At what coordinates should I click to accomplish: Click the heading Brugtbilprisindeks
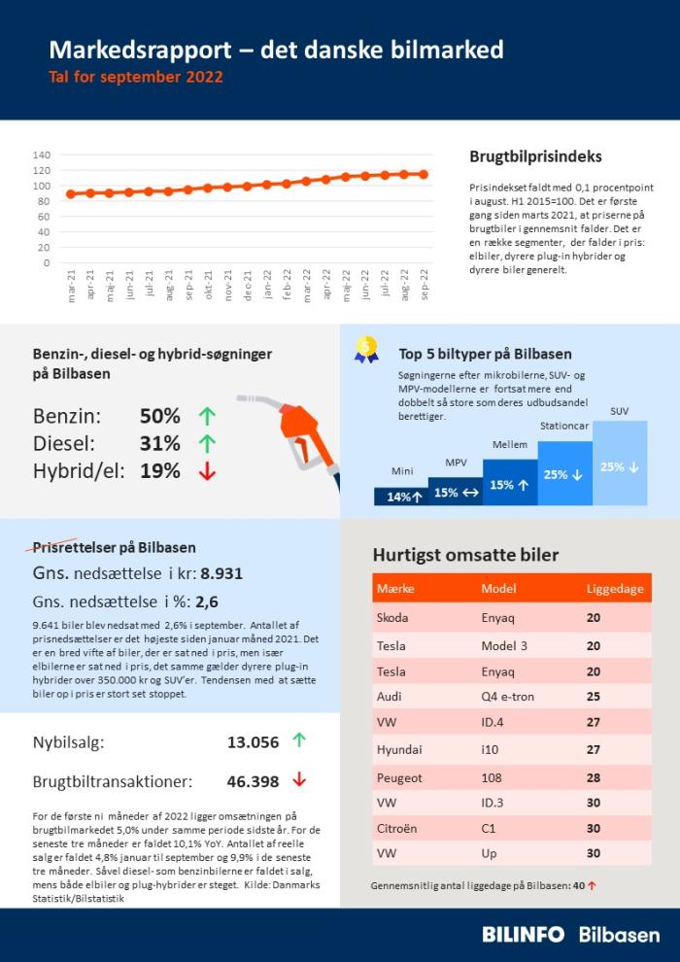[535, 156]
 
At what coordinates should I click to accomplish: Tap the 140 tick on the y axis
[41, 155]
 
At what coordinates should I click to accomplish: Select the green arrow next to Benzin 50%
[207, 416]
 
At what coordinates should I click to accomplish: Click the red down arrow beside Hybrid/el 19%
[207, 471]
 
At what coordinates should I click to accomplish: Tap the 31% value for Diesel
[159, 444]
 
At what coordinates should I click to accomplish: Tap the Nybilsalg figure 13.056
[253, 741]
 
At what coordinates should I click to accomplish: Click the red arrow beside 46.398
[299, 779]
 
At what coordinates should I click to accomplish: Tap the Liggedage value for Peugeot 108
[594, 777]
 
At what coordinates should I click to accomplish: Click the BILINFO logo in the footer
[523, 935]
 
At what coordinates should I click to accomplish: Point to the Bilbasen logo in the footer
[619, 935]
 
